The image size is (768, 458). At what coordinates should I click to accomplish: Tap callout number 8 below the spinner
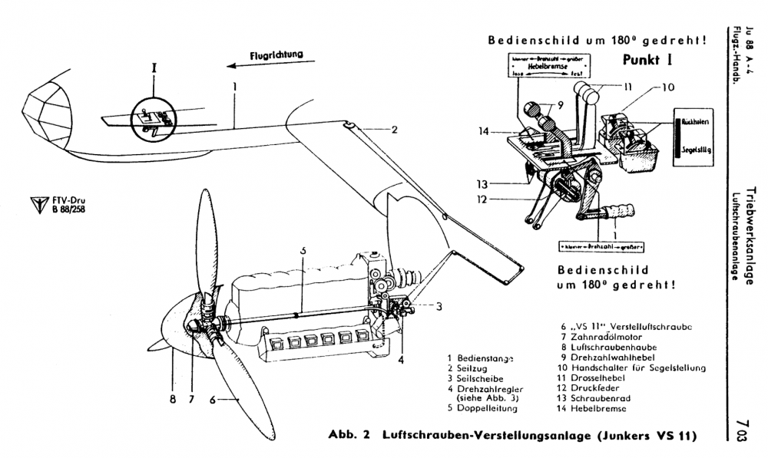[173, 399]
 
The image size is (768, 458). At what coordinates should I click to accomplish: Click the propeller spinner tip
[151, 344]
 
